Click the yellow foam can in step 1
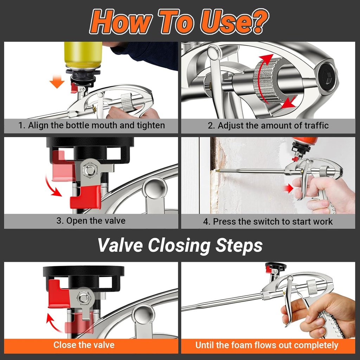click(x=83, y=55)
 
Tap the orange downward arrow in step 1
click(x=57, y=83)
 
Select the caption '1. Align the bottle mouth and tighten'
click(x=91, y=126)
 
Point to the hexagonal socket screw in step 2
click(x=328, y=75)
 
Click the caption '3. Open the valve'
click(x=91, y=221)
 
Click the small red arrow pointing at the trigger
click(x=288, y=188)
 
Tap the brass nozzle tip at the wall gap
click(x=218, y=171)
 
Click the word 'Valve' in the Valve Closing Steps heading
click(x=121, y=245)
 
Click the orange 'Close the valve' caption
click(x=84, y=345)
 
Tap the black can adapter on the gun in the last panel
click(x=275, y=266)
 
